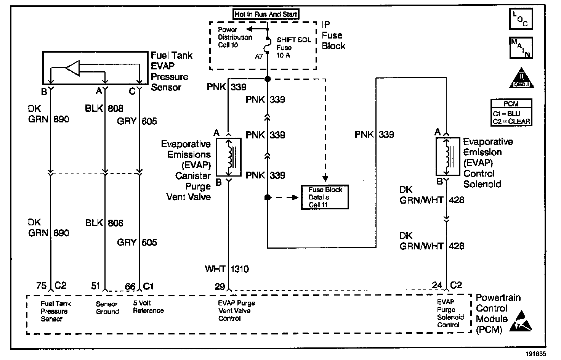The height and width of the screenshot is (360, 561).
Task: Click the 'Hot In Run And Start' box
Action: point(266,14)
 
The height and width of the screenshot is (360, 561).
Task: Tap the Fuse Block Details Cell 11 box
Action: point(325,197)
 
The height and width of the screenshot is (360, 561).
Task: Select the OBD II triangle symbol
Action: point(522,78)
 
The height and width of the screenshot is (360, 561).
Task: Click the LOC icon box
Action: point(521,19)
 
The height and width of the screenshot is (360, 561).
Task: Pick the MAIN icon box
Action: point(521,48)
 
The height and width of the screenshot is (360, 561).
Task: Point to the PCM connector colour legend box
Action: point(511,112)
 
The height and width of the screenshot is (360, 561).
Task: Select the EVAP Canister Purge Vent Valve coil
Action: point(229,157)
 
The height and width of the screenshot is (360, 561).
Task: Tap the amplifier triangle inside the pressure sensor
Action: point(73,68)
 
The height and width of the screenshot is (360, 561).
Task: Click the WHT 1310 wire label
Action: point(227,269)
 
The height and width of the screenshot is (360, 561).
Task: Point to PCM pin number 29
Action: point(220,286)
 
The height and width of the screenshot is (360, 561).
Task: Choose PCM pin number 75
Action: point(41,286)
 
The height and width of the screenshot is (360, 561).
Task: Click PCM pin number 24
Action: point(437,285)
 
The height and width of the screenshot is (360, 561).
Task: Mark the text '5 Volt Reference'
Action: point(148,307)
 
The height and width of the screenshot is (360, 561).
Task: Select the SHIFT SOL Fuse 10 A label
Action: point(293,48)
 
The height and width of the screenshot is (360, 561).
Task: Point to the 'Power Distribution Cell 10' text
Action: point(234,37)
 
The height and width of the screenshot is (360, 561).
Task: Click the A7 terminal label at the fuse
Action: point(259,56)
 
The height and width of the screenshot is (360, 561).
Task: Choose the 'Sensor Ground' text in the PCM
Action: point(107,308)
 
